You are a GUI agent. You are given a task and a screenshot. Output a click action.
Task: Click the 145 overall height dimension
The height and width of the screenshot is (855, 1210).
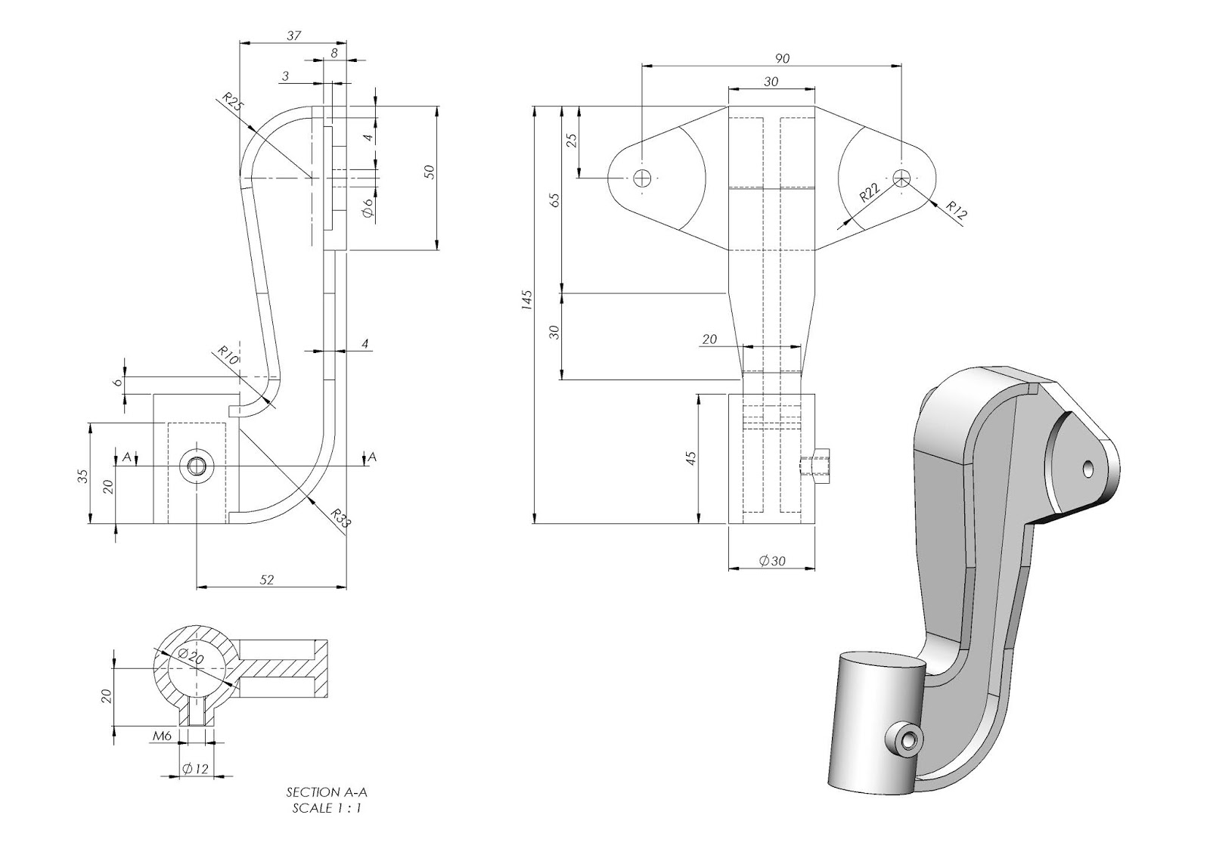coord(527,299)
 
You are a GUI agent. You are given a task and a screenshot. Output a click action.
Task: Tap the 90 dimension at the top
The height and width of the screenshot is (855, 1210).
coord(783,58)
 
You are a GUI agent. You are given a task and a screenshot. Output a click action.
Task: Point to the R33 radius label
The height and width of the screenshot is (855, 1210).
coord(342,518)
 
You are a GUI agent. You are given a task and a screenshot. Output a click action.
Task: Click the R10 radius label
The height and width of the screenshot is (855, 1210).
coord(228,355)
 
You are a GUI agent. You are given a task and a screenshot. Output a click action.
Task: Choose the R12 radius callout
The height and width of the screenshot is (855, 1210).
coord(957,211)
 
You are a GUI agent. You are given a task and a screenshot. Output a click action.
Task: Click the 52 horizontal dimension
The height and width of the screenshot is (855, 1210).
coord(267,580)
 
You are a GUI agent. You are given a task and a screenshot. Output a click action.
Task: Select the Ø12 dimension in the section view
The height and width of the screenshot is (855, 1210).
coord(194,769)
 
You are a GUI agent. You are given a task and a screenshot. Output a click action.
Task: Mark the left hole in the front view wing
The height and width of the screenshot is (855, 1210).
coord(642,178)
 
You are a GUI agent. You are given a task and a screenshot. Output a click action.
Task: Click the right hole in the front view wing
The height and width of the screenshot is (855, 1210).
coord(901,178)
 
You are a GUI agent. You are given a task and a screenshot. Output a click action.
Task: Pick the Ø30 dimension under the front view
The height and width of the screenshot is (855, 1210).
coord(772,561)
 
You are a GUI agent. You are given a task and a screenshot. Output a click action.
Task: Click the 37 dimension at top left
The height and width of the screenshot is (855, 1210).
coord(294,35)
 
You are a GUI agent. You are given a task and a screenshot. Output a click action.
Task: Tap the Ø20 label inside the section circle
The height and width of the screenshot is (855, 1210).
coord(191,658)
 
